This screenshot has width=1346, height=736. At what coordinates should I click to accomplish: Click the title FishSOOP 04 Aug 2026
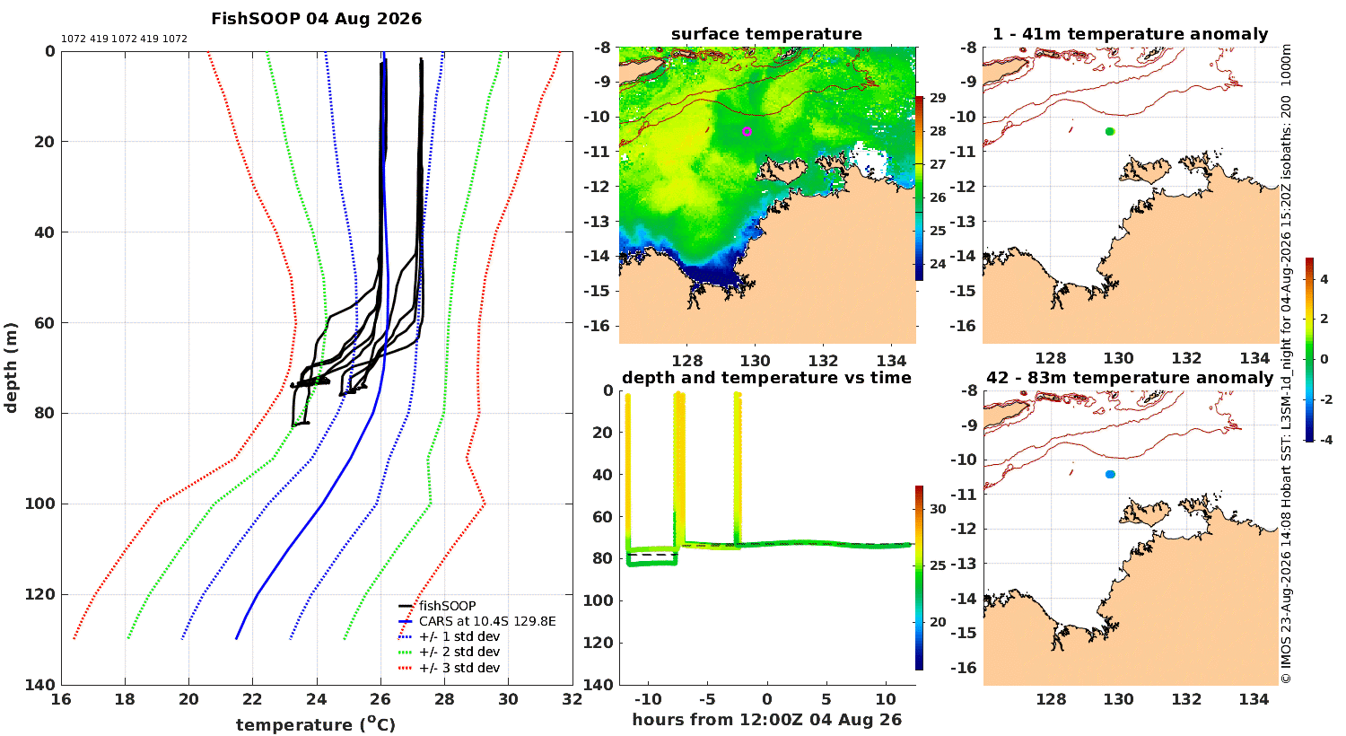point(316,19)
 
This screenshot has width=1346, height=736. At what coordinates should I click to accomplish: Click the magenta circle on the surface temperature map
point(747,132)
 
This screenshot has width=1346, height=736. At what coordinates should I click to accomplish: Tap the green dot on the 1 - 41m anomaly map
point(1110,132)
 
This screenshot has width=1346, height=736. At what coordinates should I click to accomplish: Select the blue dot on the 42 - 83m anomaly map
point(1110,475)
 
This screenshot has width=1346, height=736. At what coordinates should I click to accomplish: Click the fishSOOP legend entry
point(447,606)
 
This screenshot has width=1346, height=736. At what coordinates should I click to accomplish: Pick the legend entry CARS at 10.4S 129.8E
point(487,621)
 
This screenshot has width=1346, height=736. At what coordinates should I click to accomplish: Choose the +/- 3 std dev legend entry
point(459,668)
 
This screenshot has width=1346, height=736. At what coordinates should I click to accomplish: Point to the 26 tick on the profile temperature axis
point(380,699)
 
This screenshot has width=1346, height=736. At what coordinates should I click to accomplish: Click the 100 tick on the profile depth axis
point(39,504)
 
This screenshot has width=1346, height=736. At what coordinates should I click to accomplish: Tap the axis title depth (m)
point(11,368)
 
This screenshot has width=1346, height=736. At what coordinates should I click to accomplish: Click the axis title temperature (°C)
point(316,724)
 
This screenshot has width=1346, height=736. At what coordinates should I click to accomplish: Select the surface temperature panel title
point(766,34)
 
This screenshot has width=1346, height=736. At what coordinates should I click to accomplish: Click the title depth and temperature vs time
point(766,378)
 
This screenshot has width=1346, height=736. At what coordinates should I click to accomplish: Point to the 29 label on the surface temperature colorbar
point(938,98)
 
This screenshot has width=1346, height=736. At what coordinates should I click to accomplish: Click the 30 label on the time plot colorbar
point(938,509)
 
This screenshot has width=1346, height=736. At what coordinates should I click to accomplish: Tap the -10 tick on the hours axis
point(648,699)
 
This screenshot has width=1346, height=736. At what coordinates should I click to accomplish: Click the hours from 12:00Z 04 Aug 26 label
point(766,720)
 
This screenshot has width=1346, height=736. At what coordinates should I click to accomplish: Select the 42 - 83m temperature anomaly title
point(1131,378)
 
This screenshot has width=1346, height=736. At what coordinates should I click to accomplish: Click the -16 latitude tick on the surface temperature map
point(597,326)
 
